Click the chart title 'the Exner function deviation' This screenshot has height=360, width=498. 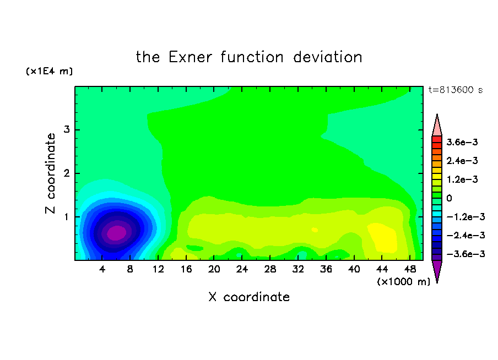(249, 57)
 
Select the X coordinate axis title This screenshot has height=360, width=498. (249, 297)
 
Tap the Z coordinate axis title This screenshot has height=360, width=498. (50, 173)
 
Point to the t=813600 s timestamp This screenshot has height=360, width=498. (456, 90)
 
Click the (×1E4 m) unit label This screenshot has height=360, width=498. (49, 71)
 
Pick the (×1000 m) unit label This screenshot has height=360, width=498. (403, 282)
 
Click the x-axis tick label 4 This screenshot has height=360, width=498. (102, 270)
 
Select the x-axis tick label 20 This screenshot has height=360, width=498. (214, 270)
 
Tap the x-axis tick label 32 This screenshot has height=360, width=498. (298, 270)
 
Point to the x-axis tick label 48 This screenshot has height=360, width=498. (410, 270)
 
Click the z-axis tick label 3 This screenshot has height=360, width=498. (67, 129)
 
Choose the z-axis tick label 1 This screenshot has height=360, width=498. (67, 217)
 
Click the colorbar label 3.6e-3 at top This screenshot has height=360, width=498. (462, 142)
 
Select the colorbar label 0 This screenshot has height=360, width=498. (449, 198)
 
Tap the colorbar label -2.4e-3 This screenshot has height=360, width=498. (465, 235)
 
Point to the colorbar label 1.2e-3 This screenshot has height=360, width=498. (462, 179)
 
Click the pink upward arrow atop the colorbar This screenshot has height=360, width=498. (437, 126)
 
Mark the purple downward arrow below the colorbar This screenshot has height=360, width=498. (437, 271)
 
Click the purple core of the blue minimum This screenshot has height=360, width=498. (117, 233)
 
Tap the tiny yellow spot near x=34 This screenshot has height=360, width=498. (315, 230)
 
